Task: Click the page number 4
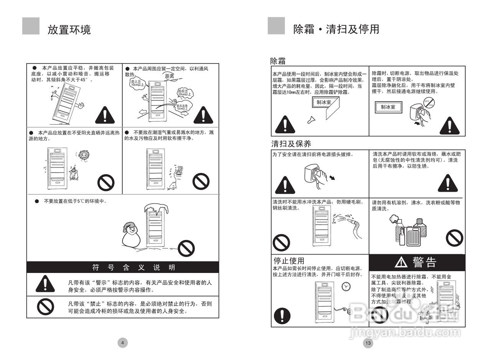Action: tap(122, 343)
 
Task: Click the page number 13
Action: tap(367, 343)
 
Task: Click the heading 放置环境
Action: tap(69, 30)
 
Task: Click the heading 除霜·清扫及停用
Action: tap(336, 29)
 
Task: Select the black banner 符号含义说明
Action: tap(123, 267)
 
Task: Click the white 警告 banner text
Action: tap(424, 262)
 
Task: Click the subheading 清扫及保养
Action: tap(291, 144)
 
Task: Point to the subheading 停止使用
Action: tap(288, 261)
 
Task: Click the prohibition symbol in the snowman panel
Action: tap(186, 248)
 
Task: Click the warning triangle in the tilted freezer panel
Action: tap(105, 115)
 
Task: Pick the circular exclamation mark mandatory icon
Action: tap(282, 316)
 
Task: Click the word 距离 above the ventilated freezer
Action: tap(169, 76)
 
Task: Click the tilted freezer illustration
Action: tap(66, 102)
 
